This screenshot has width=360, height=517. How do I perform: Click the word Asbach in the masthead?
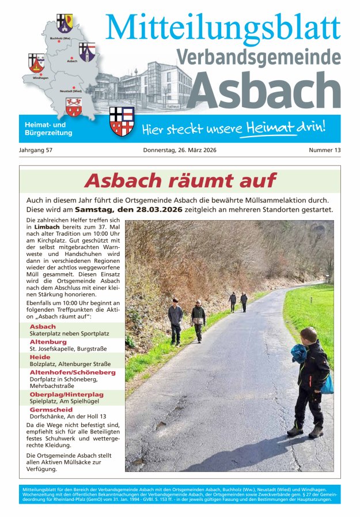pos(264,90)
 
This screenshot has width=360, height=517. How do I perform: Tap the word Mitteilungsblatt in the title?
pos(223,27)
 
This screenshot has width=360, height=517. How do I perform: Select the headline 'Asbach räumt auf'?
pos(180,180)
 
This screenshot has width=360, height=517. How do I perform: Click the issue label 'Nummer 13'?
pos(324,150)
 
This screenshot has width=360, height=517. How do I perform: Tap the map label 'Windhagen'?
pos(40,77)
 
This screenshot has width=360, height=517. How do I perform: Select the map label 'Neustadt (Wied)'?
pos(70,91)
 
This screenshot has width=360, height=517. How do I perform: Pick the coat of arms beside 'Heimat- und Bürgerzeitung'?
pos(122,121)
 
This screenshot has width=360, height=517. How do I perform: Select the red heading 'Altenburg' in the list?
pos(48,342)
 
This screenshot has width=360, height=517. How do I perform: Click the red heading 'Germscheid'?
pos(51,409)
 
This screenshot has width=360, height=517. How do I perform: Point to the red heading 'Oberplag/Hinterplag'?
pos(66,394)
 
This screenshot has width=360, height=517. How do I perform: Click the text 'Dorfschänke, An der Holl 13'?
pos(67,416)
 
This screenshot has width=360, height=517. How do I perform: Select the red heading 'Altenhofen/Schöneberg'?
pos(72,372)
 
